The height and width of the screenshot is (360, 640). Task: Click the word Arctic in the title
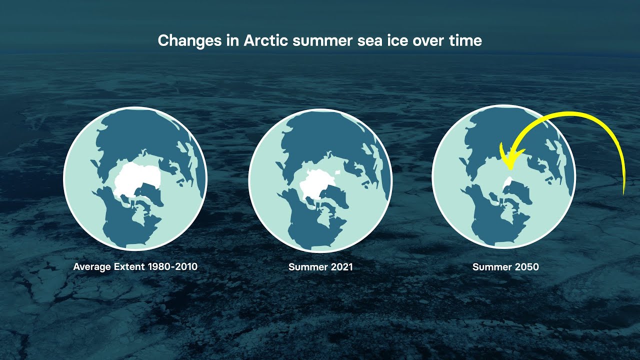coord(265,40)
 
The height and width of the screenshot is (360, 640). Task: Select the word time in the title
coord(465,40)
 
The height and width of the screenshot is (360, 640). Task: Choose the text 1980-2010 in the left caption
coord(172,267)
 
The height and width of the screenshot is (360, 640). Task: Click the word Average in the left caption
coord(92,267)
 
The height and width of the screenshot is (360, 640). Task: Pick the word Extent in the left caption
coord(129,267)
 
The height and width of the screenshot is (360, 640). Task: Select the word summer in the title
coord(323,41)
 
